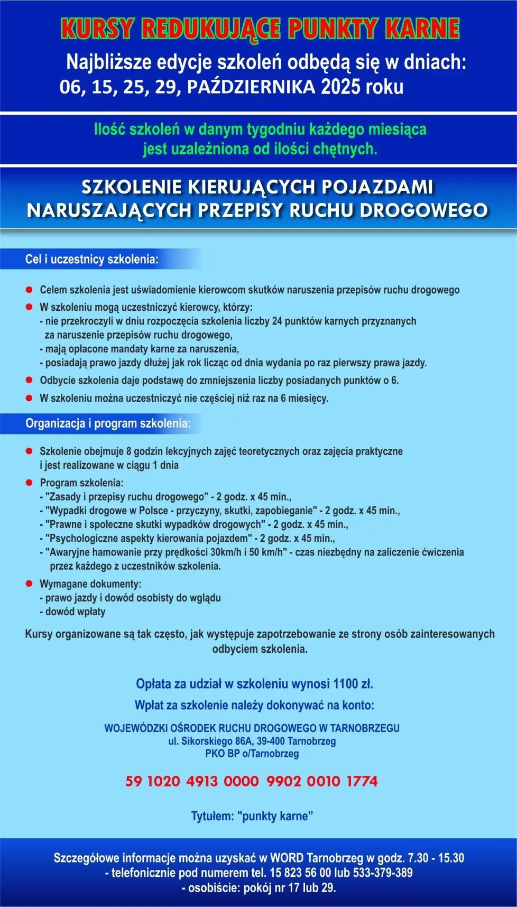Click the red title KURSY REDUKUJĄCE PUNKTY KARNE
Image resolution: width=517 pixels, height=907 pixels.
(x=260, y=30)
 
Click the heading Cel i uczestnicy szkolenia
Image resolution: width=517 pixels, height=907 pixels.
(x=91, y=260)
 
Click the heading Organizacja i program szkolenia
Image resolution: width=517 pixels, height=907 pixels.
(x=108, y=423)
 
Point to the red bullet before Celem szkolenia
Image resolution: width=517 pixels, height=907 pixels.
(x=29, y=290)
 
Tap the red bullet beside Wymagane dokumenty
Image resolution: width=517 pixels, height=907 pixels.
(x=29, y=584)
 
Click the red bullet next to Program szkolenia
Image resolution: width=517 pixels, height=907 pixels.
(x=29, y=483)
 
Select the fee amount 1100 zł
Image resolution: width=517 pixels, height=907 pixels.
(x=353, y=684)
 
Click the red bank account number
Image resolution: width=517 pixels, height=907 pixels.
(x=252, y=781)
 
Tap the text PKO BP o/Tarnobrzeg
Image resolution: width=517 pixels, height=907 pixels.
(x=252, y=754)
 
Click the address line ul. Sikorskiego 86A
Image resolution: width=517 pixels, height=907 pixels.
(x=252, y=741)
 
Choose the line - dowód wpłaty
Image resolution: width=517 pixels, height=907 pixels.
(x=72, y=612)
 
